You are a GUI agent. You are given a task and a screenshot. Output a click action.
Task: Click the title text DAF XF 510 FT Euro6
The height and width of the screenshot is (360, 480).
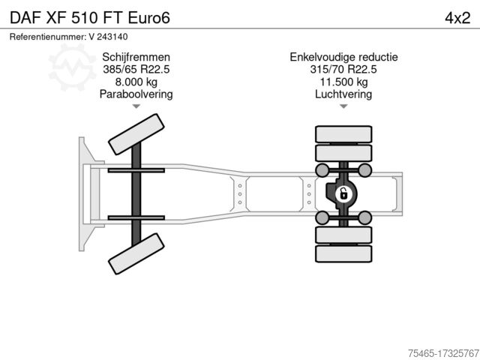coord(90,18)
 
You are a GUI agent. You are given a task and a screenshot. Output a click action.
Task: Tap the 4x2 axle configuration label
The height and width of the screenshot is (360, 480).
coord(457,18)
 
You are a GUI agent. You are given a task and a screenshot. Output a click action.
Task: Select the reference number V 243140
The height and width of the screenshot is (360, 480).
coord(108,37)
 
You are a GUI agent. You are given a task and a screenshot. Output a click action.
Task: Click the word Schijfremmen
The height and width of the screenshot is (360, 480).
coord(136,57)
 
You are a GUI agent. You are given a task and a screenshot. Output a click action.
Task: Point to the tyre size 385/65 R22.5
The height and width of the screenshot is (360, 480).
coord(136,69)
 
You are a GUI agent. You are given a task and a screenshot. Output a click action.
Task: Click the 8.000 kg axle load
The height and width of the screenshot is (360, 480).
coord(136,82)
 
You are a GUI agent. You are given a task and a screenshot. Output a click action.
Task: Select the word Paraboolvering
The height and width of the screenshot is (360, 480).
coord(136,94)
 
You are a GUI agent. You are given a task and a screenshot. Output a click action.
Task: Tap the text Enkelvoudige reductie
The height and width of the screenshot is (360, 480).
coord(343,57)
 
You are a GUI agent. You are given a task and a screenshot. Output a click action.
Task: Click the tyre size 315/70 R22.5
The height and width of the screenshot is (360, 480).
coord(343,69)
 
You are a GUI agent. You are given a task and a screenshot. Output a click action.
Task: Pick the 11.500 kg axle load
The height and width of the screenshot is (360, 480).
coord(343,82)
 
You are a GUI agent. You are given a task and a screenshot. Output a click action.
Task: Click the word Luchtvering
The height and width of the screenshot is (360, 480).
coord(343,94)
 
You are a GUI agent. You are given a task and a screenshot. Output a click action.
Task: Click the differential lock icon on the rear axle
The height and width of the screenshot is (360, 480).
coord(343,194)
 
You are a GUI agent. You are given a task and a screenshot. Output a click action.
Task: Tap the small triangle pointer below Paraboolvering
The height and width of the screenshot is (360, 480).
coord(136,106)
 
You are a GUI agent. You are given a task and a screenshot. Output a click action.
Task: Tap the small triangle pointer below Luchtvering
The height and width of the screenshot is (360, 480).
coord(343,106)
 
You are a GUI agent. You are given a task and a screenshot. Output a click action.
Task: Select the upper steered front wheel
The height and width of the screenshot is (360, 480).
coord(136,134)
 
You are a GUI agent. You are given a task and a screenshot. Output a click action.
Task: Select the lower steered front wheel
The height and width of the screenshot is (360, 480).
coord(136,253)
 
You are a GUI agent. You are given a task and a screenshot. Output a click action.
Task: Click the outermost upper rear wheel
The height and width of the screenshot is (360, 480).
coord(343,134)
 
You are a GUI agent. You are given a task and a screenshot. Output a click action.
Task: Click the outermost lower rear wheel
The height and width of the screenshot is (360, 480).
coord(343,253)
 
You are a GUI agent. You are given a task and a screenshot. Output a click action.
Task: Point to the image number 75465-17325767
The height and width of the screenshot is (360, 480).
coord(443,353)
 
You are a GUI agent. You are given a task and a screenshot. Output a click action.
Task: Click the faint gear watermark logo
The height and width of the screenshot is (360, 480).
coord(72,67)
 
